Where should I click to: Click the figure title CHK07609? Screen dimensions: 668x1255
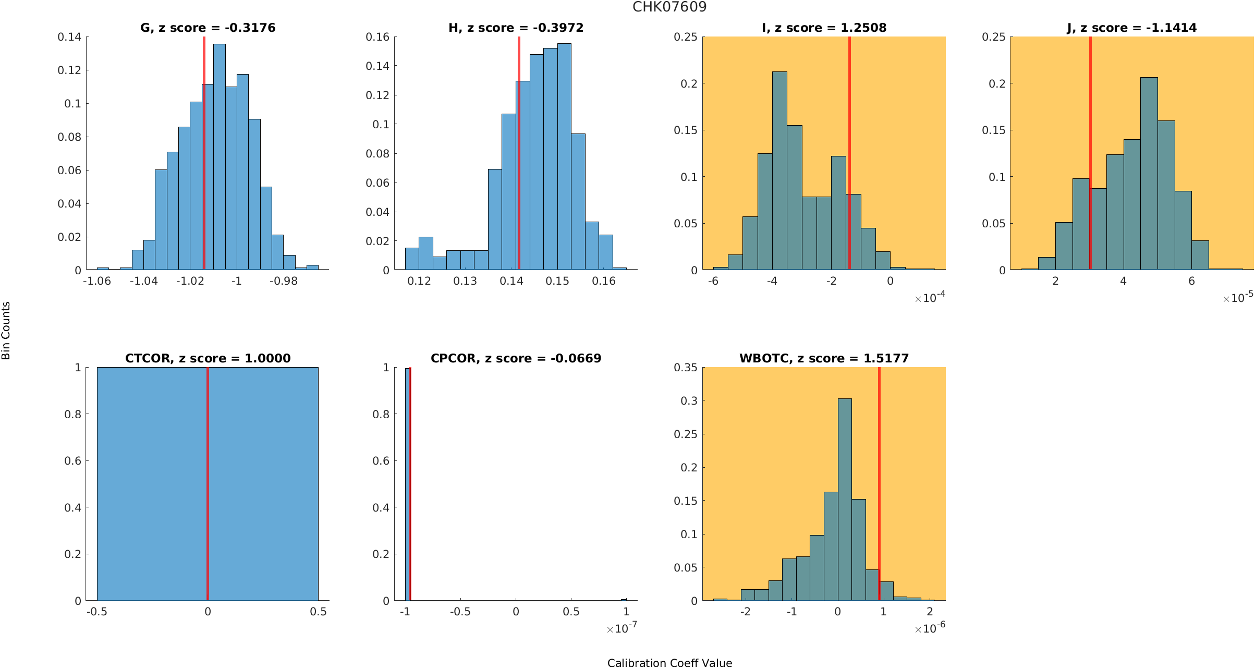pos(669,7)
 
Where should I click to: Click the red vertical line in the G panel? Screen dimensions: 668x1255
pos(204,156)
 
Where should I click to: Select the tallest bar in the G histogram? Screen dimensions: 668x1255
pos(220,156)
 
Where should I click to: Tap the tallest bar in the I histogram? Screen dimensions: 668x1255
pos(779,172)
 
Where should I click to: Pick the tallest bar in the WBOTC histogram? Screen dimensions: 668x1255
pos(845,501)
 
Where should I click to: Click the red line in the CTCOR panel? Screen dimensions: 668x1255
pos(208,485)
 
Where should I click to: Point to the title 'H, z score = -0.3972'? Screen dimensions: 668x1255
pos(516,28)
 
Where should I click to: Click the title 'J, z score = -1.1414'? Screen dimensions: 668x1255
pos(1131,28)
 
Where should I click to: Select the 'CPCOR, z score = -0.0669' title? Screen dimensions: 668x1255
pos(516,358)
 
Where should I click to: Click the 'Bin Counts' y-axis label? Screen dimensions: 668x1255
pos(6,331)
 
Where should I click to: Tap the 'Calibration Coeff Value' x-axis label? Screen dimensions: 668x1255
pos(669,663)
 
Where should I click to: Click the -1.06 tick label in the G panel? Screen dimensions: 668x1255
pos(97,281)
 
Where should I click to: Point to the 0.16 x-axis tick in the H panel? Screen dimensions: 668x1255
pos(604,281)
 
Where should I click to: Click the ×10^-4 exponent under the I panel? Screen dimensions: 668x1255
pos(930,298)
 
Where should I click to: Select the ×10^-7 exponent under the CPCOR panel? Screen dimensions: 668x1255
pos(622,628)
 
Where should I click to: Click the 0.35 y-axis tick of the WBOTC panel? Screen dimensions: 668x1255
pos(685,368)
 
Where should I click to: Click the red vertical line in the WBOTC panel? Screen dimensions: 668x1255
pos(879,485)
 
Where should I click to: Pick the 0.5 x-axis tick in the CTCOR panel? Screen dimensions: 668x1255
pos(318,612)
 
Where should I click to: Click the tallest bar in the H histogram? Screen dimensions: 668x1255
pos(564,156)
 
